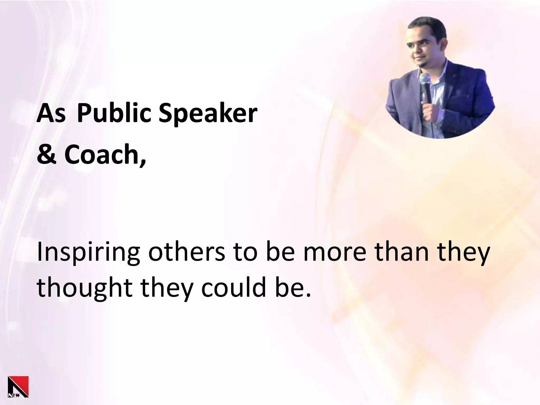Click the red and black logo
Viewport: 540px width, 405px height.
pyautogui.click(x=18, y=387)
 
